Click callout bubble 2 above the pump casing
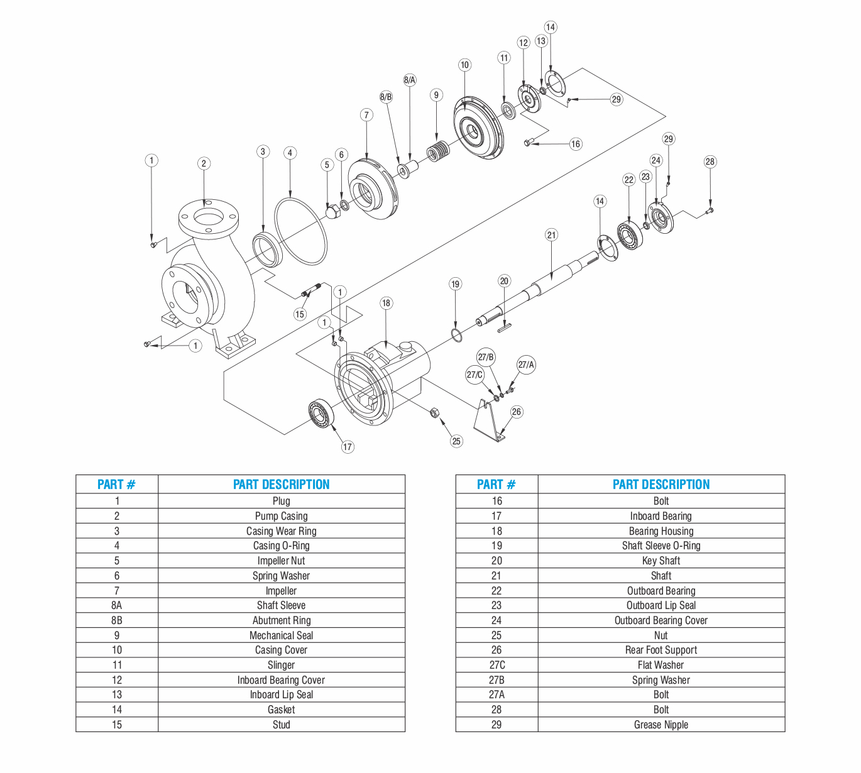pos(204,163)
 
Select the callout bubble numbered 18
pos(386,303)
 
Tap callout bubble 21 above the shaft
pos(551,235)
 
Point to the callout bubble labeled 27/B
pos(486,357)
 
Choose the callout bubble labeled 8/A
pos(410,80)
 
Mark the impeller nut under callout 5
pos(332,212)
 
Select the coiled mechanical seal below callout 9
pos(438,151)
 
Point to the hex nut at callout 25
pos(434,413)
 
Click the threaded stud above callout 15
pos(311,290)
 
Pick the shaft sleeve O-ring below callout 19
pos(457,335)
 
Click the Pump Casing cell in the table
pos(281,516)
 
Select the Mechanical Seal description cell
pos(281,635)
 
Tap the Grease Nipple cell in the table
pos(661,725)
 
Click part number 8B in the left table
pos(116,620)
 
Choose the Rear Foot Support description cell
pos(661,650)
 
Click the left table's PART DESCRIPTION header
pos(281,485)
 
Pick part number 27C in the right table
pos(496,665)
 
